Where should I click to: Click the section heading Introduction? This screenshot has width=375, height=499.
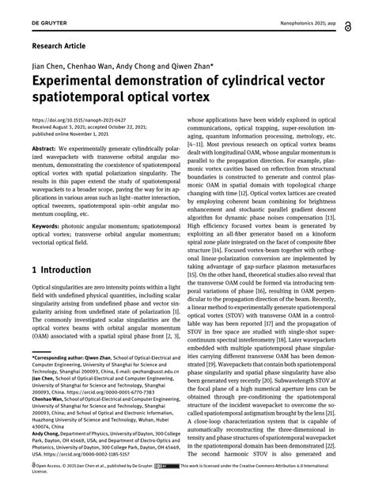[x=68, y=270]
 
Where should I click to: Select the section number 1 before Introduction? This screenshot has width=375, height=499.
[x=35, y=270]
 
